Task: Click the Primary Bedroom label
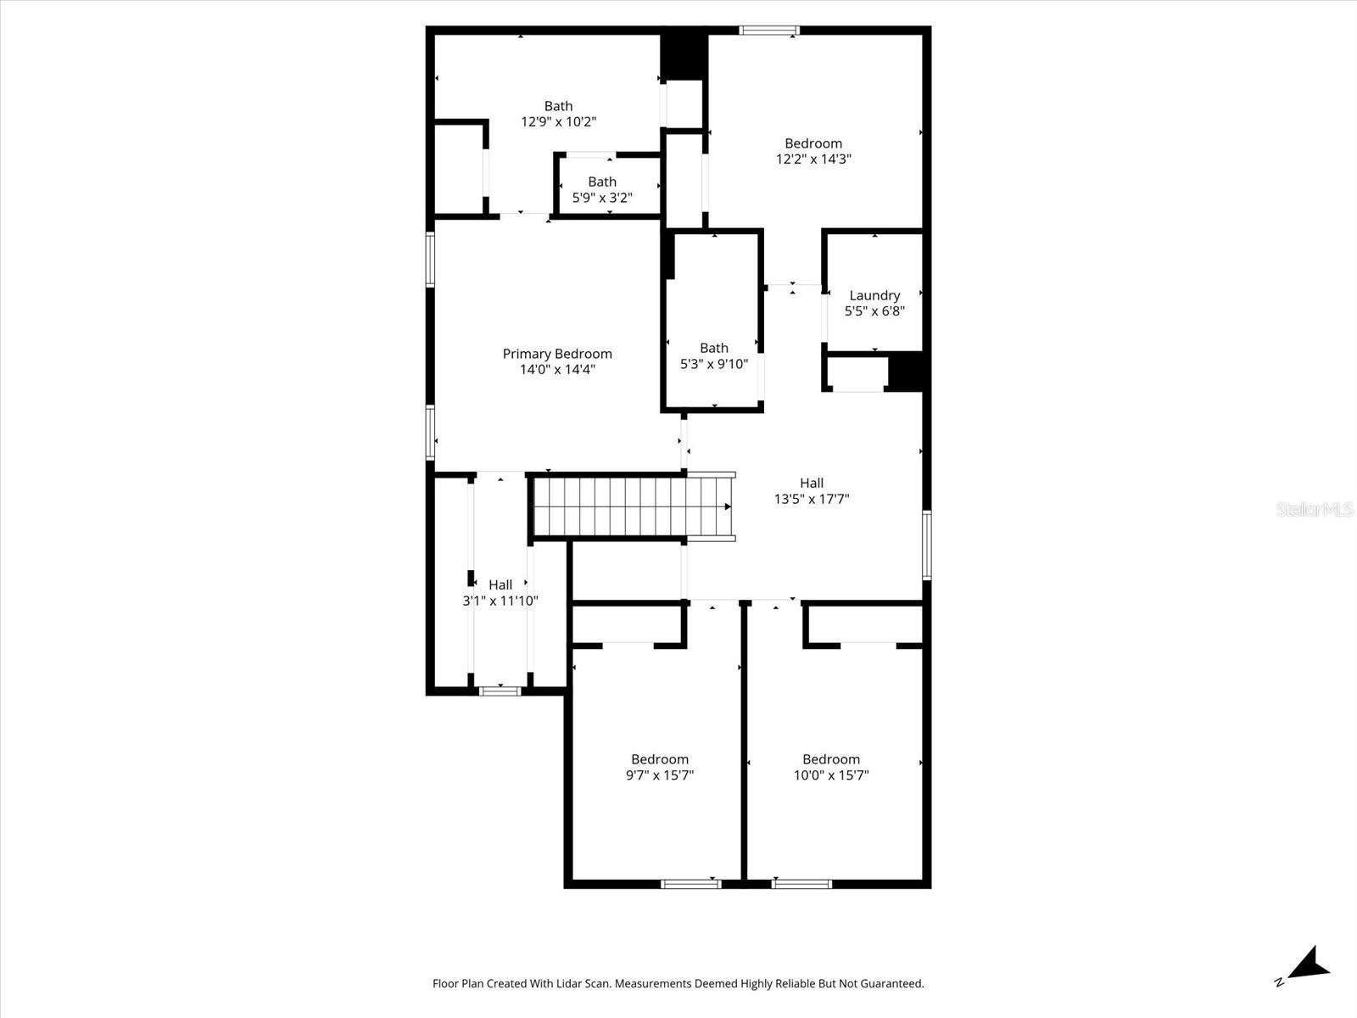[557, 354]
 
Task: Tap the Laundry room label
[874, 295]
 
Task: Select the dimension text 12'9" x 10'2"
[558, 121]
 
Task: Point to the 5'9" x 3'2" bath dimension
[602, 198]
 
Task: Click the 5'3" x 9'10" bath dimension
[714, 364]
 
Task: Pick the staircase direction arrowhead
[728, 506]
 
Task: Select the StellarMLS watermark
[1315, 510]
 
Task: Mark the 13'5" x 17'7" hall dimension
[812, 499]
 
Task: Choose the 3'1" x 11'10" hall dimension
[500, 601]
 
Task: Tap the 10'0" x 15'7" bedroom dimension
[831, 775]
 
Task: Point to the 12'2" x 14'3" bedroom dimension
[813, 159]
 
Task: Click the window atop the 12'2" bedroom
[769, 31]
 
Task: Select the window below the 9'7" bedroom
[691, 884]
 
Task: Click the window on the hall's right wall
[927, 545]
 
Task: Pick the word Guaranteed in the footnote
[893, 984]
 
